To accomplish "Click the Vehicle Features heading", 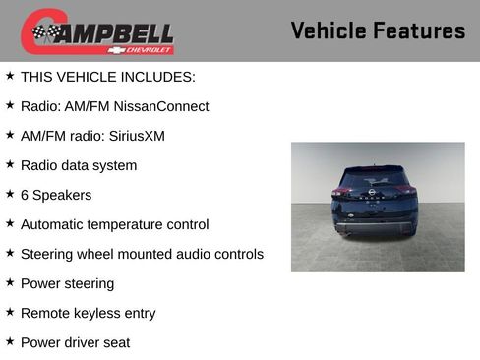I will coord(378,30).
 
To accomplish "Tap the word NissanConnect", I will coord(161,106).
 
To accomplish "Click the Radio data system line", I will coord(79,165).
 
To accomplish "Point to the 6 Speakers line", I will coord(56,195).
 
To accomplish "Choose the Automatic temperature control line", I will coord(114,224).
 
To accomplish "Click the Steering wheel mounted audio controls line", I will coord(142,254).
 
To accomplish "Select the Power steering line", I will coord(67,283).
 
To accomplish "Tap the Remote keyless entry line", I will coord(88,313).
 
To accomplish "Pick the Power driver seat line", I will coord(75,342).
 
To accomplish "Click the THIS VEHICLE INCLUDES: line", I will coord(107,76).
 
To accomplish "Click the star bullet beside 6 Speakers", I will coord(10,194).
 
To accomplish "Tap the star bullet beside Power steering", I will coord(10,282).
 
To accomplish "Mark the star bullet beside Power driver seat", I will coord(10,341).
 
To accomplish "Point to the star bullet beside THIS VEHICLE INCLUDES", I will coord(10,75).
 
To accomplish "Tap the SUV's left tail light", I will coord(344,193).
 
